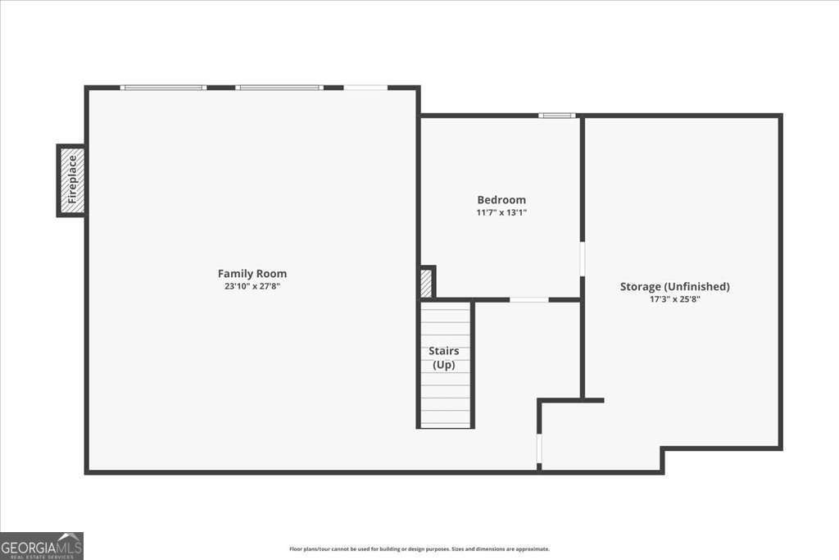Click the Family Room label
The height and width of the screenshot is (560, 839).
click(x=252, y=273)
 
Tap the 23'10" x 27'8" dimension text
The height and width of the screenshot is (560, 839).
click(x=252, y=286)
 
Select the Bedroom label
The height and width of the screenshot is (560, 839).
click(x=501, y=199)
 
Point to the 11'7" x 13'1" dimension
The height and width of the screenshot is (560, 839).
click(x=501, y=212)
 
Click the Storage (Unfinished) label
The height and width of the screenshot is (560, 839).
click(x=674, y=286)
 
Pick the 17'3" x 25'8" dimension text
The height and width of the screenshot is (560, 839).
click(x=674, y=299)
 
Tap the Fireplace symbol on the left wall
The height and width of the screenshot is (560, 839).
click(x=71, y=180)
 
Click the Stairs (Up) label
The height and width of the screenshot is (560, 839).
click(x=444, y=357)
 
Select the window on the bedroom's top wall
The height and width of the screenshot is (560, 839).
click(x=557, y=116)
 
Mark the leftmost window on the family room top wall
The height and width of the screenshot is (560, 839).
click(x=163, y=87)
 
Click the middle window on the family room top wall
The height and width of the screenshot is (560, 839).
click(x=279, y=87)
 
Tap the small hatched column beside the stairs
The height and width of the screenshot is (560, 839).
click(x=426, y=283)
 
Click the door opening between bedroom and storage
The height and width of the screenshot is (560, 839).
click(x=582, y=258)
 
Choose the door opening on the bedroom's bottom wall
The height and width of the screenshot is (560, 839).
click(x=529, y=300)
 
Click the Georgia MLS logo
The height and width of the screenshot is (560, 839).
click(x=42, y=545)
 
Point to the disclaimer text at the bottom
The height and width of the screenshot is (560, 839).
click(x=419, y=549)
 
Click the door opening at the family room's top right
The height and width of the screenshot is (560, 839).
click(x=365, y=87)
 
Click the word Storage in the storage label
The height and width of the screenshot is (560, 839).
click(x=640, y=286)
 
